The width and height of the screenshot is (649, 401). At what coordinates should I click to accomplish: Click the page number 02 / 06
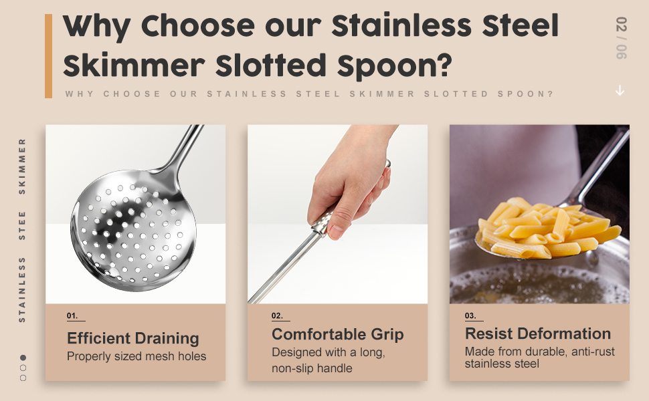tap(621, 39)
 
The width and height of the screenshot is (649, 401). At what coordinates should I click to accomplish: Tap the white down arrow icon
tap(620, 90)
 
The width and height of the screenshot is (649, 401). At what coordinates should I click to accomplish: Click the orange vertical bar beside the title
tap(48, 56)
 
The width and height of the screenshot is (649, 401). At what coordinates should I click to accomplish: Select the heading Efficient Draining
tap(132, 338)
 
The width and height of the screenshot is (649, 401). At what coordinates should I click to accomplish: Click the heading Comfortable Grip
tap(337, 334)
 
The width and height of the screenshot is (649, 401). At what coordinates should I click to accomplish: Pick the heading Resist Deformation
tap(537, 333)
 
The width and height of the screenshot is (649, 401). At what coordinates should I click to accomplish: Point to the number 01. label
tap(72, 315)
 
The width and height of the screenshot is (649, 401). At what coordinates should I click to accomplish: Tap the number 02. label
tap(277, 315)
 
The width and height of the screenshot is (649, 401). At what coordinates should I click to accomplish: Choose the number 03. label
tap(470, 315)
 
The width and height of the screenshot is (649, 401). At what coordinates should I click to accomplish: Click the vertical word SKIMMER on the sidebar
tap(22, 166)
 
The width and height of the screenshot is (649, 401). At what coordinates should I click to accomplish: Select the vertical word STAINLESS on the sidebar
tap(22, 289)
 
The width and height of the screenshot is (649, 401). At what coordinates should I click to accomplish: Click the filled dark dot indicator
tap(23, 358)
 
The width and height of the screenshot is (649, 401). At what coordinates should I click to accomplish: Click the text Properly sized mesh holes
tap(136, 356)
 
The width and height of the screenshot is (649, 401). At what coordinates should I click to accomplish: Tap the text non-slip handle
tap(312, 368)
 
